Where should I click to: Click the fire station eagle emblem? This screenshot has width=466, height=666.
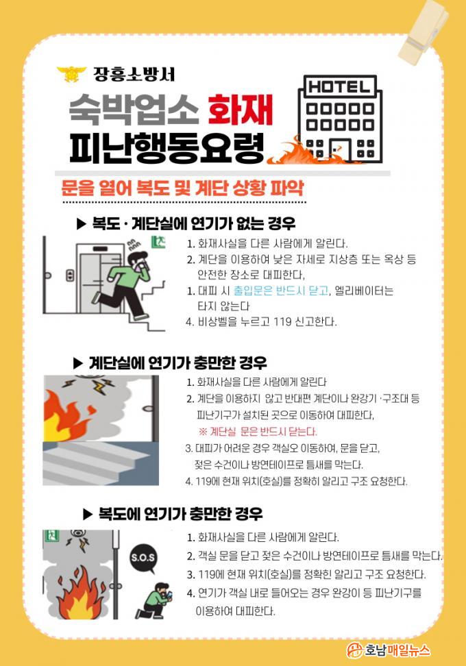pos(71,74)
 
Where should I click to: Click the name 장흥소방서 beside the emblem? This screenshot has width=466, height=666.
pos(134,74)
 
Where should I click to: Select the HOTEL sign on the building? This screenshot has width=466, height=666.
pos(339,87)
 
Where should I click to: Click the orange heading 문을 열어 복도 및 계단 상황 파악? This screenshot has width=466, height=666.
pos(183,188)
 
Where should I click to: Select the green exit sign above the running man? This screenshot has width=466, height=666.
pos(158,243)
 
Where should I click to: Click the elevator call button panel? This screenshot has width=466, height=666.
pos(70,275)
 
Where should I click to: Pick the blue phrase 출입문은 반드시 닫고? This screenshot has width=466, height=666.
pos(281,291)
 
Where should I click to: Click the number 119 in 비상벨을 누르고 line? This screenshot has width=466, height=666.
pos(282,321)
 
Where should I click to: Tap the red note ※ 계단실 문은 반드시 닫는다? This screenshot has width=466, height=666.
pos(258,432)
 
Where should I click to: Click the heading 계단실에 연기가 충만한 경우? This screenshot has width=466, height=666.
pos(170,362)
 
